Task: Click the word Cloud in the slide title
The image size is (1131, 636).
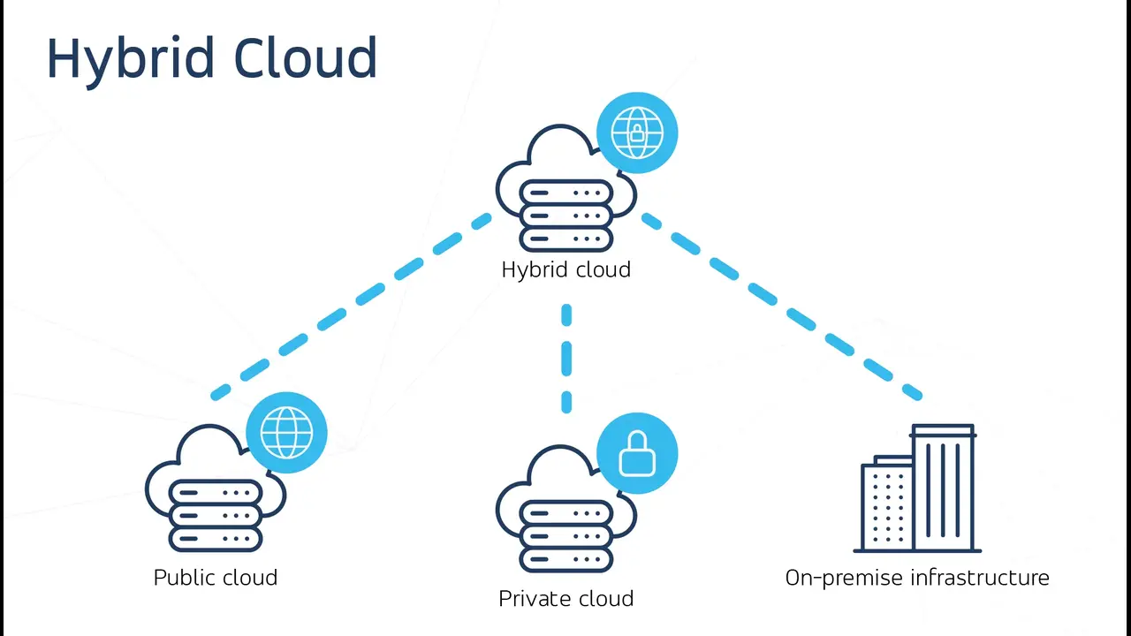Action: pos(306,58)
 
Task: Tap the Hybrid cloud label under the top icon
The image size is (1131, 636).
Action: pos(565,269)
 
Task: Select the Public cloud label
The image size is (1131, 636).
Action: pos(215,578)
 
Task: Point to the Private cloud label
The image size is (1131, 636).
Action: pos(565,599)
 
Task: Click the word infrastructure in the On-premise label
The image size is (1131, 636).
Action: pos(980,578)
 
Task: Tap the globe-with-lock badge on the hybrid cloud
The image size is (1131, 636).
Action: pos(637,132)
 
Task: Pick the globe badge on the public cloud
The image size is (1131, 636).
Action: pos(286,432)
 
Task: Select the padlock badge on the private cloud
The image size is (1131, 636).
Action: pos(637,453)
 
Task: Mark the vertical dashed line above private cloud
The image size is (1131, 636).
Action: pos(566,358)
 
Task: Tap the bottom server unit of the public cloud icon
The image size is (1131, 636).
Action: pos(216,538)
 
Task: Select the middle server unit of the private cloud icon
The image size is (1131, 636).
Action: pos(566,535)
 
